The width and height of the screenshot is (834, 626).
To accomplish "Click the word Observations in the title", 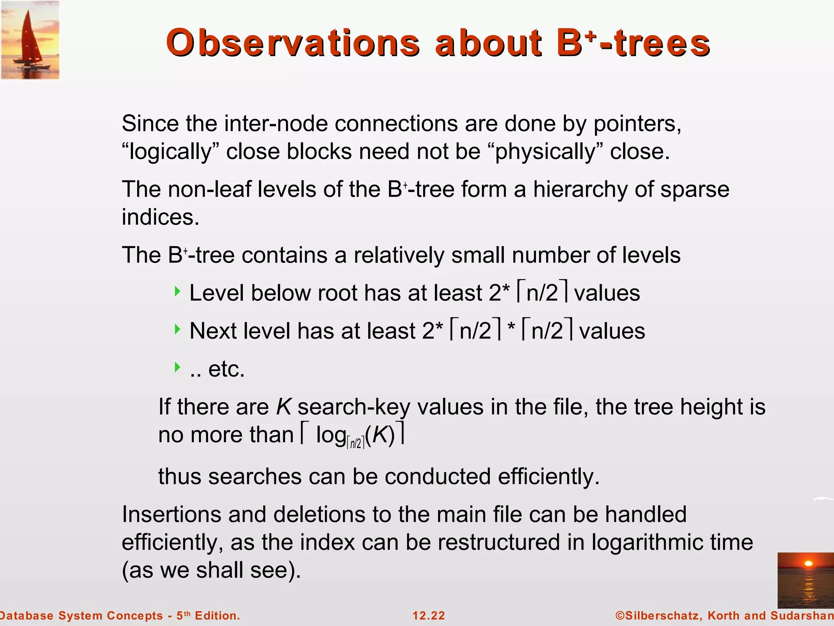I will point(292,44).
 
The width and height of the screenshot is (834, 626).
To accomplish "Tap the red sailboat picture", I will point(30,40).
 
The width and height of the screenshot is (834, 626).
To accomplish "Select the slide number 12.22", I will point(428,615).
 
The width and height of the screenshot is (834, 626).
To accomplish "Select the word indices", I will point(160,217).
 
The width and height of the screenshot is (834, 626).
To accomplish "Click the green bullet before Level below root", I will point(177,291).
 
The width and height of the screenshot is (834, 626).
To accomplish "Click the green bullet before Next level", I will point(177,329).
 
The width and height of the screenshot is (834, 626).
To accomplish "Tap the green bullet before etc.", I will point(177,367).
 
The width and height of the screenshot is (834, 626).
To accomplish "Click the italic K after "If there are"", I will point(283,407).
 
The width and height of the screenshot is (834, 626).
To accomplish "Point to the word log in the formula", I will point(331,435).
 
